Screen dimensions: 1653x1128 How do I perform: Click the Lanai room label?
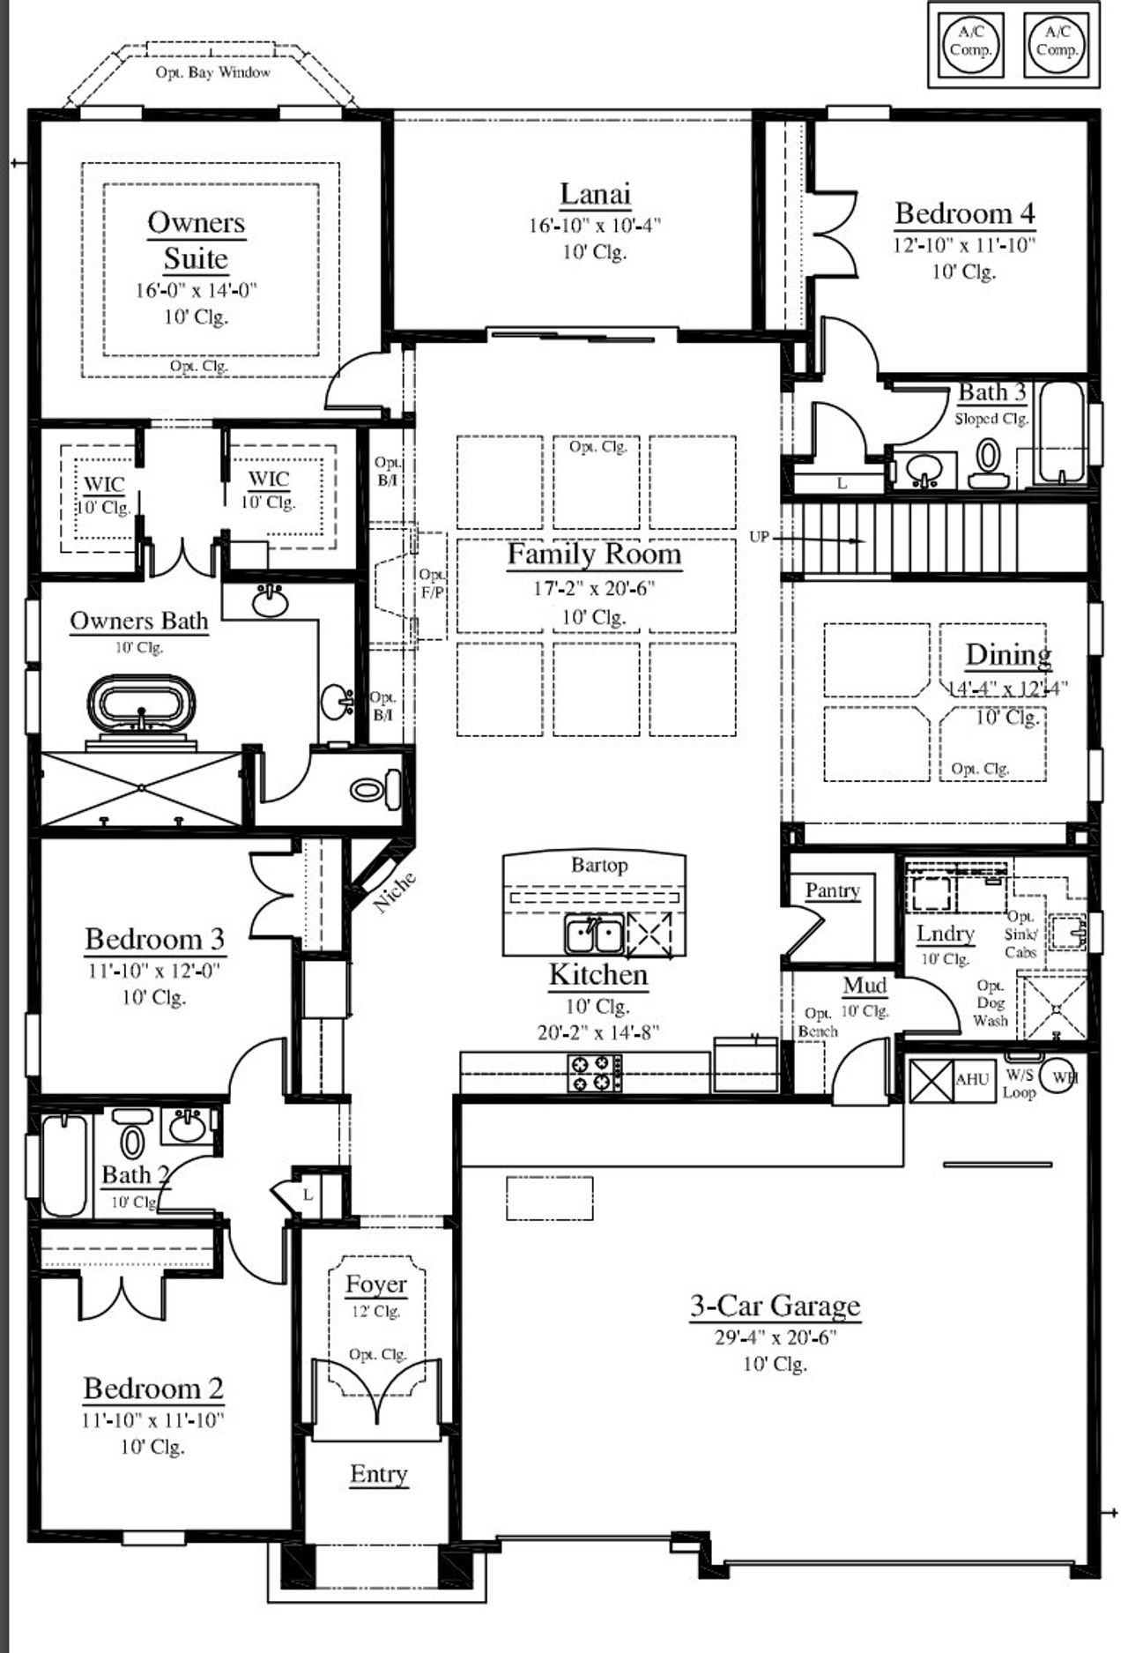pyautogui.click(x=595, y=194)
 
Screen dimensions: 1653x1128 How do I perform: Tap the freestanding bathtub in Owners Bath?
pyautogui.click(x=141, y=705)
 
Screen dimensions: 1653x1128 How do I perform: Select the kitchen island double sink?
pyautogui.click(x=594, y=934)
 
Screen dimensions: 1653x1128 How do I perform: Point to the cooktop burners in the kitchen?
pyautogui.click(x=593, y=1072)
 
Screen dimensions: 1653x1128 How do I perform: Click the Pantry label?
pyautogui.click(x=832, y=890)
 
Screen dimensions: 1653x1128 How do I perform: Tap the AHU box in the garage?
pyautogui.click(x=972, y=1079)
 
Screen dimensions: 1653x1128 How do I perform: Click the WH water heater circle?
pyautogui.click(x=1060, y=1077)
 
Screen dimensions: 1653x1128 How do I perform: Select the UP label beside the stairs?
pyautogui.click(x=759, y=536)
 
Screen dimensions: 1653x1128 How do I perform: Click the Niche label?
pyautogui.click(x=395, y=892)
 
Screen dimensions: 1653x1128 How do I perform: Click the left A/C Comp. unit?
pyautogui.click(x=970, y=41)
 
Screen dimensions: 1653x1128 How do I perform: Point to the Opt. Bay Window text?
pyautogui.click(x=212, y=72)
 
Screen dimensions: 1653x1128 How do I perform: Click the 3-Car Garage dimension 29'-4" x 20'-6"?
pyautogui.click(x=775, y=1337)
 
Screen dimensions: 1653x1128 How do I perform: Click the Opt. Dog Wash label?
pyautogui.click(x=991, y=1003)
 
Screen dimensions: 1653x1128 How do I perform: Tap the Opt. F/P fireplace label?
pyautogui.click(x=432, y=584)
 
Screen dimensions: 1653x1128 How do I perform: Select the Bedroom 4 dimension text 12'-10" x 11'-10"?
pyautogui.click(x=964, y=245)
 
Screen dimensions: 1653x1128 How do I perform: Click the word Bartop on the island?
pyautogui.click(x=599, y=865)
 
